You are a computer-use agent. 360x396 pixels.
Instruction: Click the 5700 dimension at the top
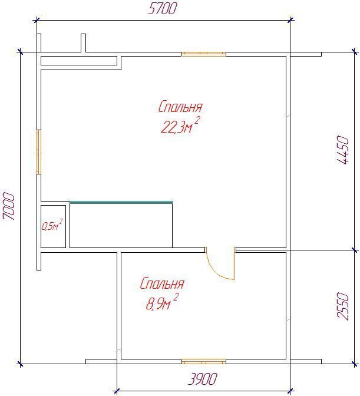point(162,9)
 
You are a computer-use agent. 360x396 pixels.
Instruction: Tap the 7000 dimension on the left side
point(9,206)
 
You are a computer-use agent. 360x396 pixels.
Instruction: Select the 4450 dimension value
point(343,150)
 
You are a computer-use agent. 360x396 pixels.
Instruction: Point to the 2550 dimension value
point(343,306)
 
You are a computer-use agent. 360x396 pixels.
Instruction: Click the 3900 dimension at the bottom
point(203,379)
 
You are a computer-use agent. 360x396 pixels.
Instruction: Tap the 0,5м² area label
point(52,225)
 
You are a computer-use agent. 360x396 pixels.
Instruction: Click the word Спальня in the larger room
point(180,107)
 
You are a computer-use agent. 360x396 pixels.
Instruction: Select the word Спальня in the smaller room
point(162,283)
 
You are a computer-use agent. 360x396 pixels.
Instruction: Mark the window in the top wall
point(203,54)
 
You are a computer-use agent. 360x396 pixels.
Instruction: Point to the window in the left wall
point(39,152)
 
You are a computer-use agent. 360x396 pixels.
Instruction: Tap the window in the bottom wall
point(203,362)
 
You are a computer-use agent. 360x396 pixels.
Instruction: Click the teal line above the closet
point(121,202)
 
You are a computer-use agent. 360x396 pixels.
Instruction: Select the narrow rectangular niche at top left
point(79,61)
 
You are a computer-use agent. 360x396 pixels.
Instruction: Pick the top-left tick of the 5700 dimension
point(37,20)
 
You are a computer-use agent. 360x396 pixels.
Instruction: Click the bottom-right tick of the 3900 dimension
point(290,391)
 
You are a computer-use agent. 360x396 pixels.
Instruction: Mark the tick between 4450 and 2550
point(355,250)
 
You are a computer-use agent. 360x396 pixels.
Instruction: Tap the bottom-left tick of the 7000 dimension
point(20,364)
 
